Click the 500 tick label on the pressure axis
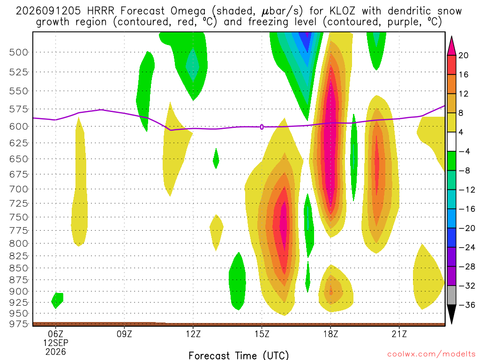tap(19, 52)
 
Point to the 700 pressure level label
tap(19, 189)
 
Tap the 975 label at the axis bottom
tap(19, 324)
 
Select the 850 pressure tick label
tap(19, 268)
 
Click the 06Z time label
tap(55, 334)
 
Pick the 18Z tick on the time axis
tap(330, 334)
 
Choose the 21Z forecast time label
tap(399, 334)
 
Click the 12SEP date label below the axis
tap(55, 343)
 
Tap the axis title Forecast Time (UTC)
tap(239, 355)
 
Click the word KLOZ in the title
tap(342, 11)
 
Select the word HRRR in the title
tap(100, 11)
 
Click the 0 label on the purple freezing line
tap(262, 127)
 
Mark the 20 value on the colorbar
tap(463, 55)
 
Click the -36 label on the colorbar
tap(467, 305)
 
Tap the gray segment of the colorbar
tap(451, 295)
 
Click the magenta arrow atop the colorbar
tap(451, 46)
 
